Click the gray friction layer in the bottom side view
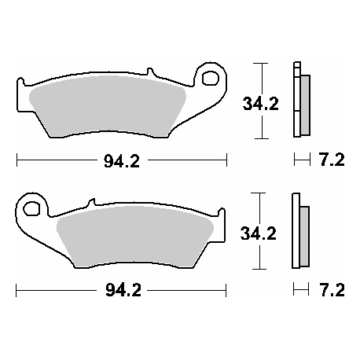[x=305, y=236]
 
